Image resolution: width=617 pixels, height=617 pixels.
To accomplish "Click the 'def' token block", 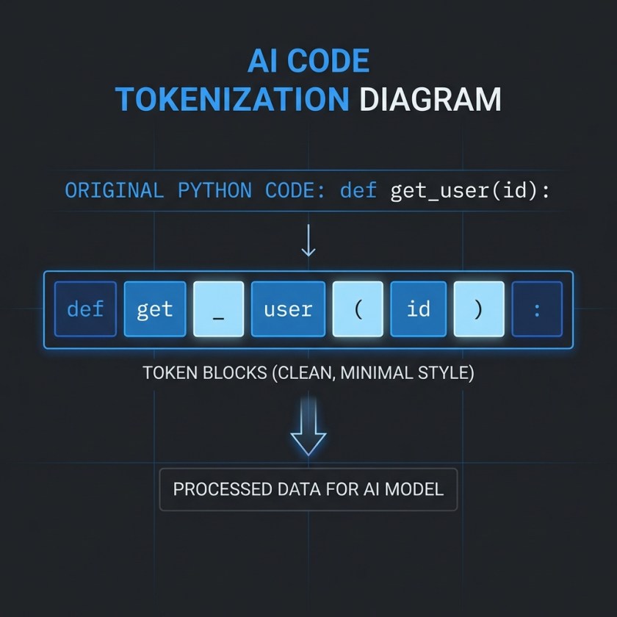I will pos(85,309).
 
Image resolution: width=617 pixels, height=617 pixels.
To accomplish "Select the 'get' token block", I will pos(154,309).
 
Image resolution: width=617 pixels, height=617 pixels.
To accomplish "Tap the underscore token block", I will pos(218,309).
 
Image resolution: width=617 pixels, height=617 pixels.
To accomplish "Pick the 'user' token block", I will pos(288,309).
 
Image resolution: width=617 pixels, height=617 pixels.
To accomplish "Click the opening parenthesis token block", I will pos(358,309).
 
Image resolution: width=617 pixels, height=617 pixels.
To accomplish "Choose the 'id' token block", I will pos(418,309).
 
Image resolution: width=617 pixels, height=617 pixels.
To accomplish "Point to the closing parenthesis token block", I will pos(479,309).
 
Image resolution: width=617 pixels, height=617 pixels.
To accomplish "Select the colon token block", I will pos(537,309).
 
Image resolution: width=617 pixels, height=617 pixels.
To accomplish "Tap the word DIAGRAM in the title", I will pos(430,99).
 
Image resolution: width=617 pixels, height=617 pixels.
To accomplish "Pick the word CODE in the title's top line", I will pos(330,62).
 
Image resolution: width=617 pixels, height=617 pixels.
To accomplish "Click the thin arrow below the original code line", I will pos(308,241).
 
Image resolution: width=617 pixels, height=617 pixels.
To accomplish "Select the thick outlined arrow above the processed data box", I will pos(308,433).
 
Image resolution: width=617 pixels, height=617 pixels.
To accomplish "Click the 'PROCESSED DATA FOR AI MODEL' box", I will pos(308,489).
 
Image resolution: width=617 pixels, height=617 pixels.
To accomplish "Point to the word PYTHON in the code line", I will pos(214,192).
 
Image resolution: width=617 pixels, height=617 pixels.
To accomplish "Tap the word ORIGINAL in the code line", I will pos(114,192).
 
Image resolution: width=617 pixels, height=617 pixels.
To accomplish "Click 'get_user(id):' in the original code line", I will pos(471,192).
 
